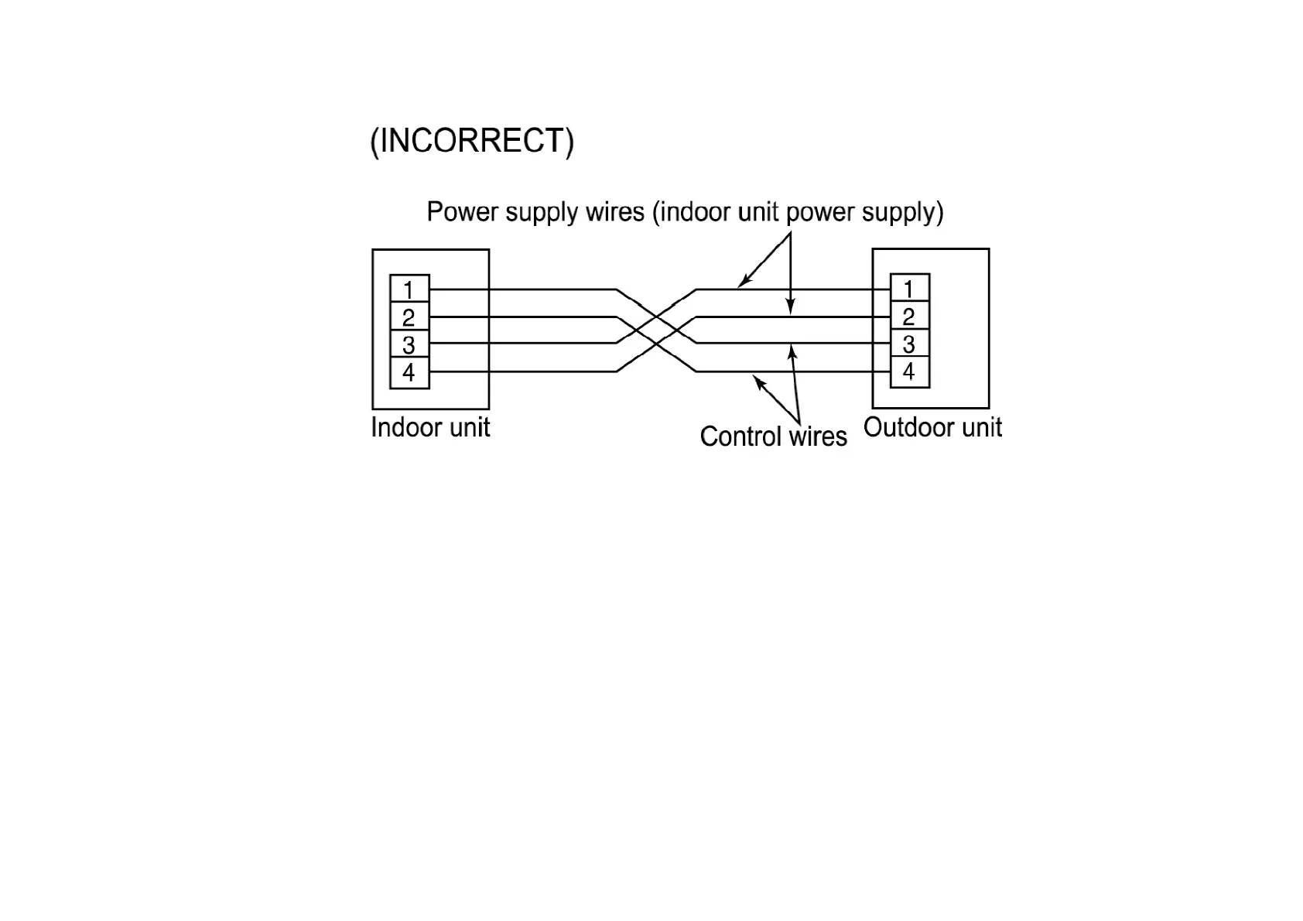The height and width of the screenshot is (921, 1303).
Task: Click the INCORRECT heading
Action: tap(472, 142)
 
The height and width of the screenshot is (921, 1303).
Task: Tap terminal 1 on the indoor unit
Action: tap(409, 289)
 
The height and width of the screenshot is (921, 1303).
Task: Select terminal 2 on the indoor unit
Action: tap(409, 317)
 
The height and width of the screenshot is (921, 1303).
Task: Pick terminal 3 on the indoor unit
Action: tap(409, 344)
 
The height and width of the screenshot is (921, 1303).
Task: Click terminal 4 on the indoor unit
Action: tap(409, 372)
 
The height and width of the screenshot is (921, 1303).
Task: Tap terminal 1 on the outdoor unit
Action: tap(909, 289)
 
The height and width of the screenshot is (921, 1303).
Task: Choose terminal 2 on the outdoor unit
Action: tap(909, 317)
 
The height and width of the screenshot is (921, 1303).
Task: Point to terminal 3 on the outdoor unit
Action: tap(909, 344)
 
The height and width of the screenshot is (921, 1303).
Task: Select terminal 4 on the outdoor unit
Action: tap(909, 371)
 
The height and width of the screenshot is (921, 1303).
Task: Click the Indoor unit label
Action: tap(430, 428)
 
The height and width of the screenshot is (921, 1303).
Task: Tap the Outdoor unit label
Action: tap(932, 427)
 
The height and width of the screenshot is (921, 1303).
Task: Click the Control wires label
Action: tap(773, 437)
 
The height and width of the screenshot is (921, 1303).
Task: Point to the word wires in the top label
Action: tap(615, 211)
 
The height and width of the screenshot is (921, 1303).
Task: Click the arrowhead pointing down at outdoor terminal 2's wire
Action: tap(790, 307)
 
